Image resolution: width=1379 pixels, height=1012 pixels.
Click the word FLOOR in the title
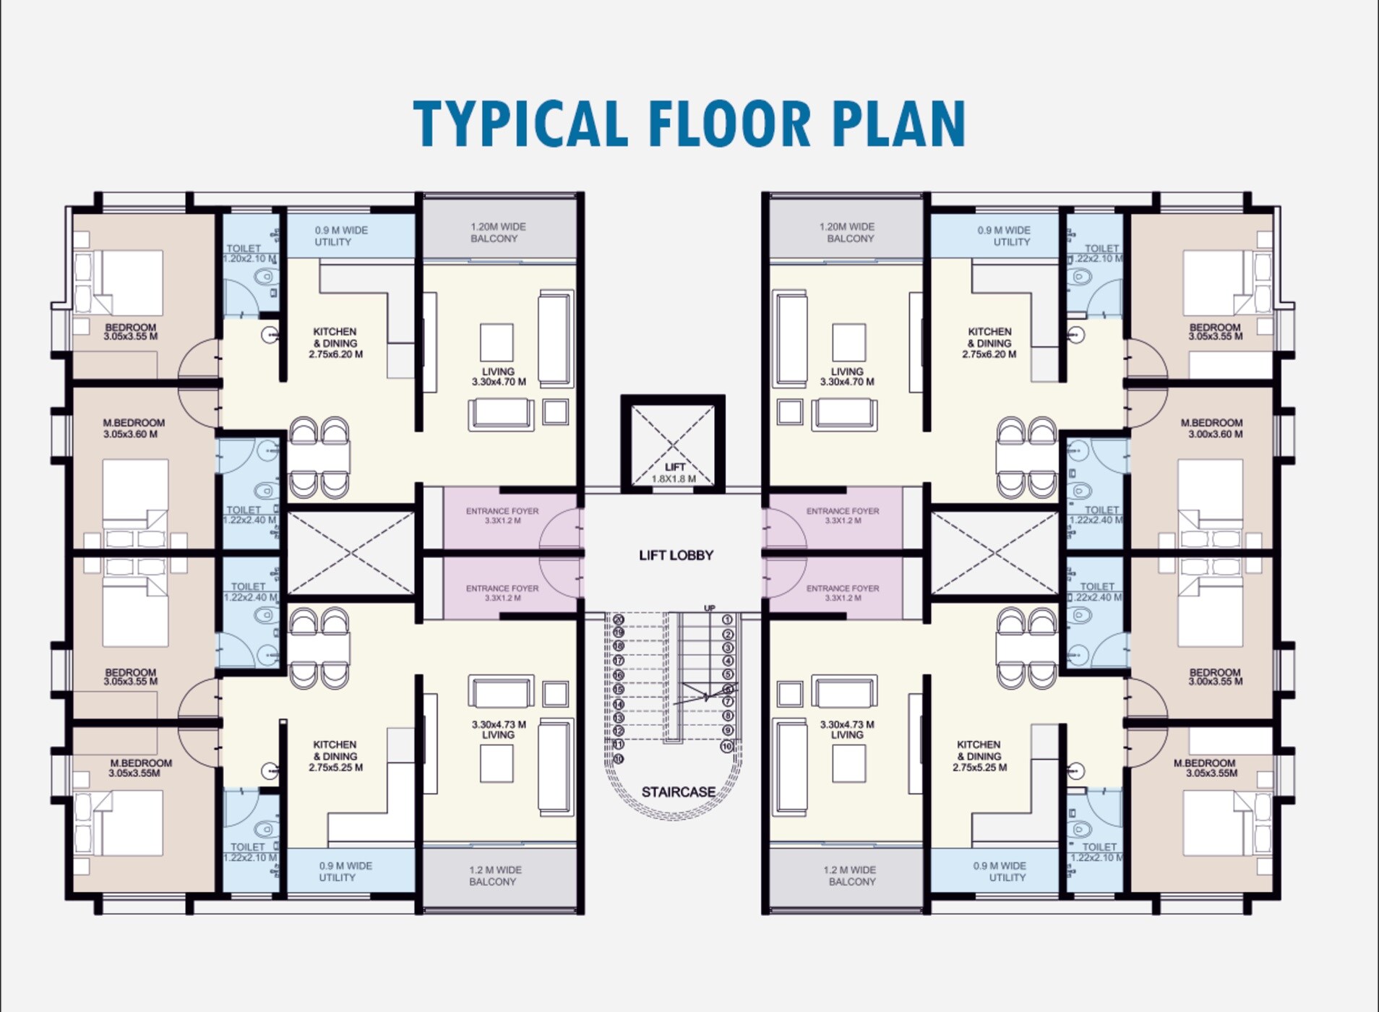(730, 124)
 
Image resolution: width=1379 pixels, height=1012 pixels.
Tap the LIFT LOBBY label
(676, 555)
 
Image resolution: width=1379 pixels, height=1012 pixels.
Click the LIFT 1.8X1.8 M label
(674, 473)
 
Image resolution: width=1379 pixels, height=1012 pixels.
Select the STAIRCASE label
(678, 792)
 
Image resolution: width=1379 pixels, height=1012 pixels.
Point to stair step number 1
(727, 619)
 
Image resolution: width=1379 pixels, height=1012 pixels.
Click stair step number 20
(618, 619)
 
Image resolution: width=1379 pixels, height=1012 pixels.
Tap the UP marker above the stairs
(709, 608)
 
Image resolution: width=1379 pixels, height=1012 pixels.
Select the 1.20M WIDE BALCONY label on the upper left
(498, 232)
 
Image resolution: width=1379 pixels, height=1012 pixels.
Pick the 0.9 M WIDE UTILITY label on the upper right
(1004, 236)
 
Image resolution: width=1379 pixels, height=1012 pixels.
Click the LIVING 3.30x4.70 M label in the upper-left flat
(499, 377)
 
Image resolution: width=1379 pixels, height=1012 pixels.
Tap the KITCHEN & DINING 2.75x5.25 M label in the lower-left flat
(335, 755)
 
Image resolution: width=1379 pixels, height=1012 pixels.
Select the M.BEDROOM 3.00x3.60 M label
(1212, 428)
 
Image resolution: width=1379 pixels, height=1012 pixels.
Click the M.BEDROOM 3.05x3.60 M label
(133, 428)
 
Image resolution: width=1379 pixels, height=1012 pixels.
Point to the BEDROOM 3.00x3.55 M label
(1214, 677)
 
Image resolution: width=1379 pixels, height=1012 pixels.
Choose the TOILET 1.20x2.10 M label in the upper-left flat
(249, 253)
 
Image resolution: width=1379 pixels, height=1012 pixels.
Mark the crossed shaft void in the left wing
(351, 552)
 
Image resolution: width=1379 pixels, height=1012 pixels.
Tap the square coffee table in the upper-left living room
(497, 342)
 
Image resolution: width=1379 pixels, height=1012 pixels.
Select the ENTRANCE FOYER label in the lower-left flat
(502, 593)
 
